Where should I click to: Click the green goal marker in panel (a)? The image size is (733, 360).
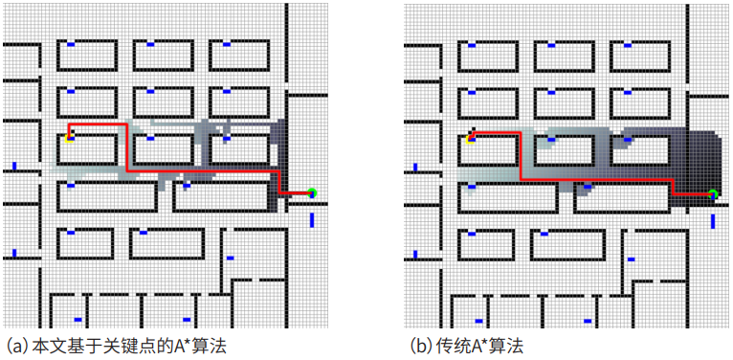pyautogui.click(x=312, y=193)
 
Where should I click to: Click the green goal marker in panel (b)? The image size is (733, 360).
pyautogui.click(x=713, y=194)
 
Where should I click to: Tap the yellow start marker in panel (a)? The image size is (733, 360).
pyautogui.click(x=70, y=138)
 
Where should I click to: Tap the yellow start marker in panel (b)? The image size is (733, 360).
pyautogui.click(x=470, y=139)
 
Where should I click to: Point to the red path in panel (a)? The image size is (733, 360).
pyautogui.click(x=201, y=169)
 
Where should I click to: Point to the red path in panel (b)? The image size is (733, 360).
pyautogui.click(x=593, y=179)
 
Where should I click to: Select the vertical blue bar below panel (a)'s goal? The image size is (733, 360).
pyautogui.click(x=312, y=220)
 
